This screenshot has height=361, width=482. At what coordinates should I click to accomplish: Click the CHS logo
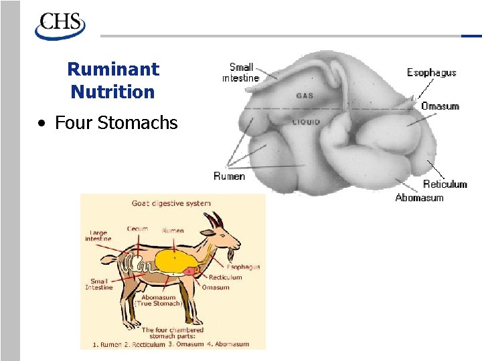60,26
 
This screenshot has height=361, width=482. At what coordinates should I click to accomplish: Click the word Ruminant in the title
113,69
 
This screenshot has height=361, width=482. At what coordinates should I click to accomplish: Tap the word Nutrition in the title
112,92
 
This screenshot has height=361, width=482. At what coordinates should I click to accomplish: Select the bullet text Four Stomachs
116,123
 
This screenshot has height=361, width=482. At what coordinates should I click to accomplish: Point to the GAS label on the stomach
305,96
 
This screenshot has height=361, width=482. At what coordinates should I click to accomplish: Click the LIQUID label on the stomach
306,122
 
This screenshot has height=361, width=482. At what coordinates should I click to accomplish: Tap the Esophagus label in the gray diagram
431,72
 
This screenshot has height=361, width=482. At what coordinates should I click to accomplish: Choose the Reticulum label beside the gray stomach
445,185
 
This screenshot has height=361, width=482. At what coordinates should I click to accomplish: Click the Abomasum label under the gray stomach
419,198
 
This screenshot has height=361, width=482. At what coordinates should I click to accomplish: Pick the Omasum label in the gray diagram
440,106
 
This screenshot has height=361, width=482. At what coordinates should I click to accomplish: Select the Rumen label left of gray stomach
229,176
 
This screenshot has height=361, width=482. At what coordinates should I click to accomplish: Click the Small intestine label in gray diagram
240,72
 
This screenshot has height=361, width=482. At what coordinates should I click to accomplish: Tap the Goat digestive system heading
171,203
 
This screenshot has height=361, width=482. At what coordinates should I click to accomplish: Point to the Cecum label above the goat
137,229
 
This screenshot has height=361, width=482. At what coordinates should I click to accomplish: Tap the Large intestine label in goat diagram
98,236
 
